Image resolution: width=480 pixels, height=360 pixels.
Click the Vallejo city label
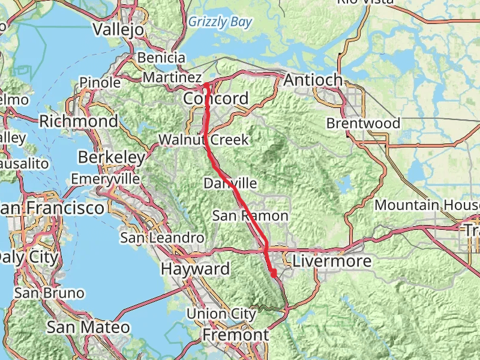click(x=119, y=29)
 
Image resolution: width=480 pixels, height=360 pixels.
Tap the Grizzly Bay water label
click(x=220, y=23)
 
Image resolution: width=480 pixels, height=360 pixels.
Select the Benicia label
click(x=161, y=58)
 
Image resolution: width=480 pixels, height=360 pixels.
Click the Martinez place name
click(x=172, y=78)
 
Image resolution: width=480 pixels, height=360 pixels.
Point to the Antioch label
click(x=313, y=80)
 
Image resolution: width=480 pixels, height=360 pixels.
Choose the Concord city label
click(x=216, y=98)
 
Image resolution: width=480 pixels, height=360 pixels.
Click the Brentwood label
click(x=363, y=124)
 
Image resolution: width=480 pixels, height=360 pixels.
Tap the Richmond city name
click(x=79, y=121)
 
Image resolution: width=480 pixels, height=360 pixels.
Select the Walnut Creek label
click(x=203, y=140)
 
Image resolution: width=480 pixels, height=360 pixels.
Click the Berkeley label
click(x=112, y=158)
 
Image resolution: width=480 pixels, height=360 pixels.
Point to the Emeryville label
click(x=105, y=179)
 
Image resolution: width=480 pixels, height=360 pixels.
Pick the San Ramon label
click(x=250, y=216)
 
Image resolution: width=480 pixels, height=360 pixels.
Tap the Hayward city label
click(x=195, y=269)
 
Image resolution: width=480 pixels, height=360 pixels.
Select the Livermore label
click(x=332, y=262)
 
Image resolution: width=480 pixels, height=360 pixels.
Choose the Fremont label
click(x=235, y=334)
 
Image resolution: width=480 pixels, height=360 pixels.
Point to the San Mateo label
click(x=88, y=327)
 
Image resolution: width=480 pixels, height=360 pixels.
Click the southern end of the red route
click(x=274, y=275)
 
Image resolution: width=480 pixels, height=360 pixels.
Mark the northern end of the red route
click(x=205, y=85)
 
